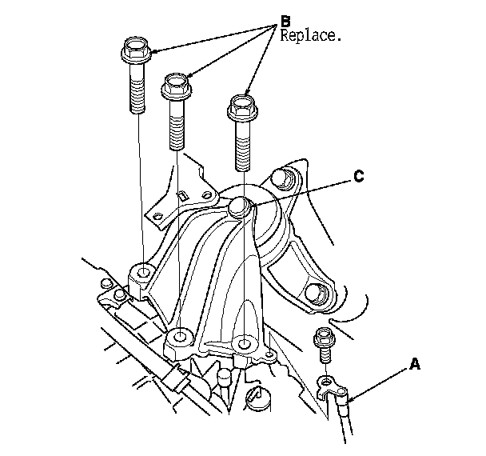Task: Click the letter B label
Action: coord(284,19)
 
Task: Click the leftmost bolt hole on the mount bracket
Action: coord(143,274)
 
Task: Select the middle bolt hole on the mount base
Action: coord(182,334)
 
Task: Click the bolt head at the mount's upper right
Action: coord(280,179)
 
